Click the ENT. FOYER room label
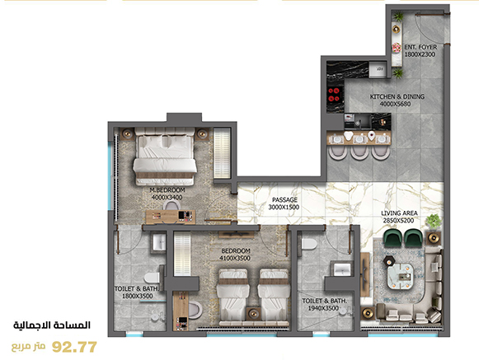click(420, 47)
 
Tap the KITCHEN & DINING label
click(397, 96)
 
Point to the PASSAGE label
click(284, 199)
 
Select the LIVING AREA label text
click(399, 213)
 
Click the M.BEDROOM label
click(167, 190)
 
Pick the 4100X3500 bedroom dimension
click(235, 258)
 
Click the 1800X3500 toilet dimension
click(138, 296)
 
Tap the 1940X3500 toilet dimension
click(323, 308)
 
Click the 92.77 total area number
click(74, 347)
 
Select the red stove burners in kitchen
click(334, 95)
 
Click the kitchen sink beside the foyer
click(378, 69)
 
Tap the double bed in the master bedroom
click(165, 157)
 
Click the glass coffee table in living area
click(401, 277)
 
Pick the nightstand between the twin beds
click(253, 314)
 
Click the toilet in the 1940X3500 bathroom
click(309, 244)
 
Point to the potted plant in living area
click(433, 221)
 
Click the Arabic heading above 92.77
click(52, 325)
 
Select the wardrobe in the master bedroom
click(222, 153)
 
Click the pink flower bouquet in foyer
click(397, 48)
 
